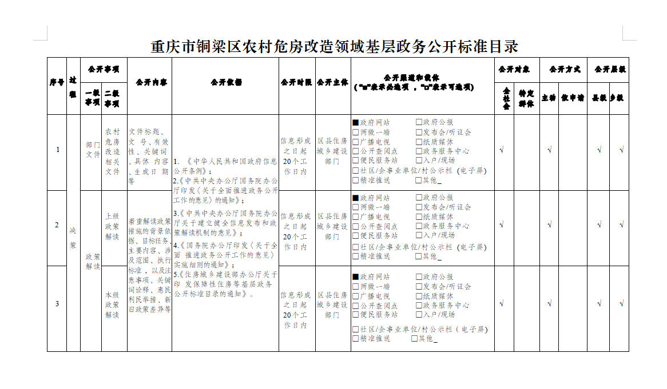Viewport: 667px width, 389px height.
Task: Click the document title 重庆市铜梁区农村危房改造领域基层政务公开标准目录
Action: coord(334,46)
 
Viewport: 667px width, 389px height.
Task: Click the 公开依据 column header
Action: coord(226,82)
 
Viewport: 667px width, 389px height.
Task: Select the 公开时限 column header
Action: coord(296,82)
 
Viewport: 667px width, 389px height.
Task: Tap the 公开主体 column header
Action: coord(332,82)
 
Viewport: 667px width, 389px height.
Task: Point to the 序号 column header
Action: coord(57,82)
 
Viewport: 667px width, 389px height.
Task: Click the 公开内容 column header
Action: coord(149,82)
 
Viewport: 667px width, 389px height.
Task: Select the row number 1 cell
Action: coord(57,150)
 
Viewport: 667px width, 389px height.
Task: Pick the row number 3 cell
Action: coord(57,303)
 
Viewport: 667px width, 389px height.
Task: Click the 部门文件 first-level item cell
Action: coord(92,150)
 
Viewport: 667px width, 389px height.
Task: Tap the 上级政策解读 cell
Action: coord(112,227)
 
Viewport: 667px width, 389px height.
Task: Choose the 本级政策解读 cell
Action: coord(112,304)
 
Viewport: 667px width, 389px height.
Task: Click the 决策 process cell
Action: coord(73,236)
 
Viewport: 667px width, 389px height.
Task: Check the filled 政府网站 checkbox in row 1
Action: coord(356,122)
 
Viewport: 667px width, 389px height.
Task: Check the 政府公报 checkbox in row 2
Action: coord(419,198)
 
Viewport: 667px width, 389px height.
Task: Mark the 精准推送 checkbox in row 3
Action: coord(356,339)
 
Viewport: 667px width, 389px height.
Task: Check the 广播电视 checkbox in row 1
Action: coord(356,142)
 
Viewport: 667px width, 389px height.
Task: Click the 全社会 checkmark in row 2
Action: coord(502,225)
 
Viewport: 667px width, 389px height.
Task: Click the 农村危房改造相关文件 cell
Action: coord(112,151)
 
